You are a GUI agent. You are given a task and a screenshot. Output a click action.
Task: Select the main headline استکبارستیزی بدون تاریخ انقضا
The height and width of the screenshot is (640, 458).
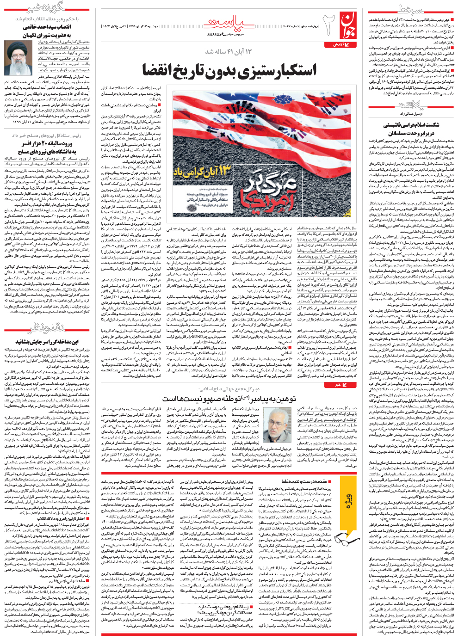pyautogui.click(x=230, y=70)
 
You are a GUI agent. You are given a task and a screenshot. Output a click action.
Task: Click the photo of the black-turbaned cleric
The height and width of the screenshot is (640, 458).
pyautogui.click(x=17, y=57)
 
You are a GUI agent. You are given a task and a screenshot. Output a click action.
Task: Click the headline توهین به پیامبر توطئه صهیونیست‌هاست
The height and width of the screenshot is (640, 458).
pyautogui.click(x=229, y=398)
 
